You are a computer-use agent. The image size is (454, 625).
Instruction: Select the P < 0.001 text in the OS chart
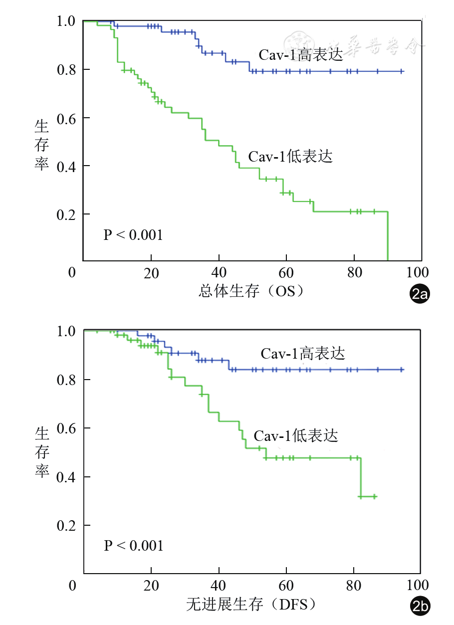[133, 234]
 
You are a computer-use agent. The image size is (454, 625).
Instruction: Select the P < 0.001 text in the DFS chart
[134, 545]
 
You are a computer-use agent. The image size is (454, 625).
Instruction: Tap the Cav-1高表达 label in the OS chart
[301, 55]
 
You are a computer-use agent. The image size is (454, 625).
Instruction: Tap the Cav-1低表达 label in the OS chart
[290, 157]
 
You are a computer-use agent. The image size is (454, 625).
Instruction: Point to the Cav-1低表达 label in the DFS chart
[296, 436]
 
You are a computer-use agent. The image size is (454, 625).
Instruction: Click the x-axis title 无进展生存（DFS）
[252, 605]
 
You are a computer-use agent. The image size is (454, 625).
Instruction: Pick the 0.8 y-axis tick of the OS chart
[66, 69]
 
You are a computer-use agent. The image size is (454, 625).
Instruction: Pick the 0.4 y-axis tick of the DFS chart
[66, 477]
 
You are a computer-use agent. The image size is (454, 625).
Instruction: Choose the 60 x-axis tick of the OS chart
[286, 273]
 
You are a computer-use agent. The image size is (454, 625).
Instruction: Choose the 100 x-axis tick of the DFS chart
[417, 584]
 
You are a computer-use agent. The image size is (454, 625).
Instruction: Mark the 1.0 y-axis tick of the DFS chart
[66, 331]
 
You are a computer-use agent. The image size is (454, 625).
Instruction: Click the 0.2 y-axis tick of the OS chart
[66, 214]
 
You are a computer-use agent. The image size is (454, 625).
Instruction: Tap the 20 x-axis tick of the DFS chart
[151, 584]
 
